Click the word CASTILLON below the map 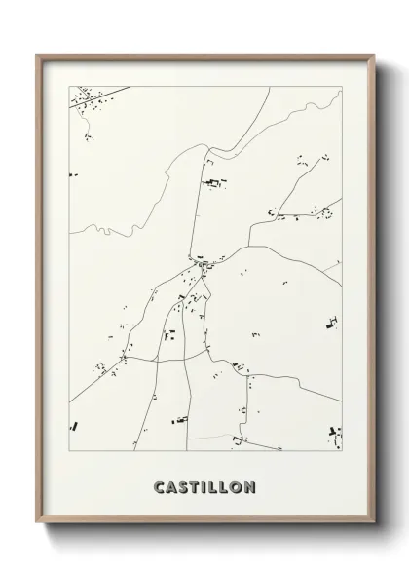click(204, 485)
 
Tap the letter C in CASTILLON click(160, 485)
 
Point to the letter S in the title click(182, 485)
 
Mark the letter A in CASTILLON click(171, 485)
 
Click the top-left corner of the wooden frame click(37, 55)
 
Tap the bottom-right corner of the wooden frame click(373, 524)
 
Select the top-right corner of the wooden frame click(373, 55)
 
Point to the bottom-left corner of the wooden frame click(37, 524)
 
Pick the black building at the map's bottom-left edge click(73, 426)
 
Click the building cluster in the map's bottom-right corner click(335, 432)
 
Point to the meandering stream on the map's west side click(107, 231)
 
